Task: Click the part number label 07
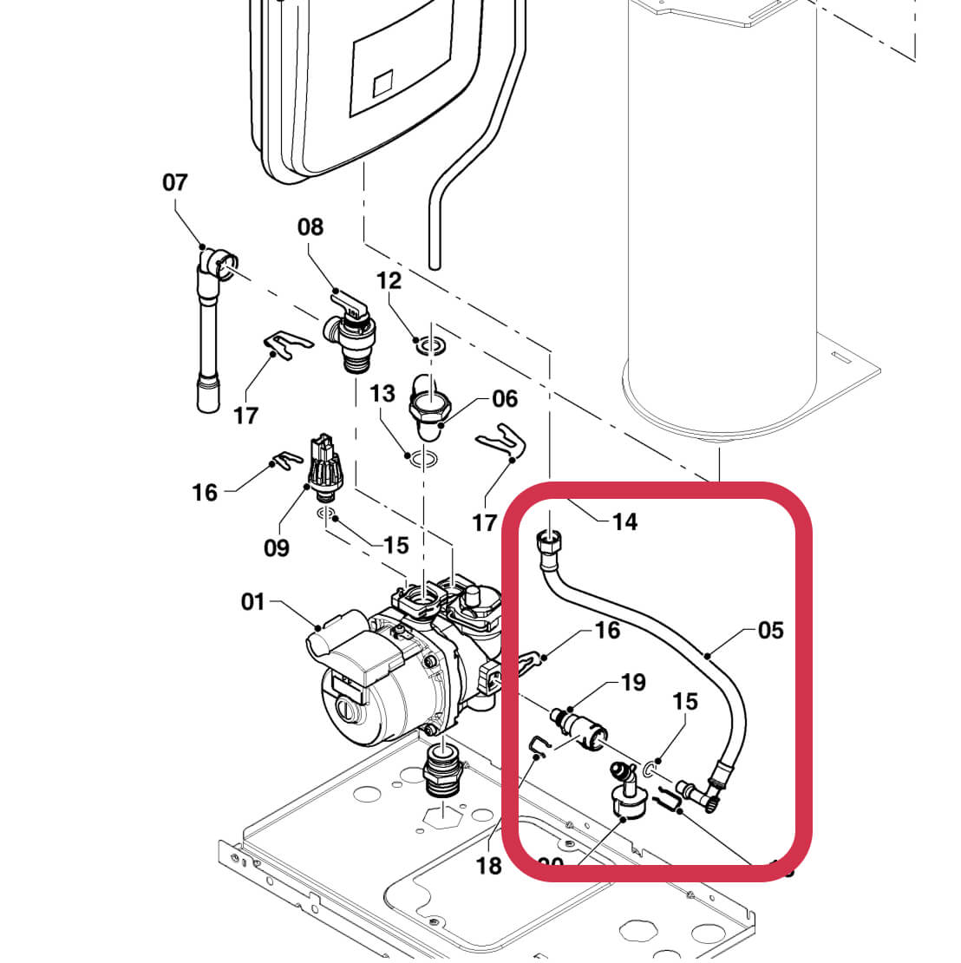[x=174, y=182]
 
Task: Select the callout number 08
[x=310, y=227]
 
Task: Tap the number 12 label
[x=389, y=281]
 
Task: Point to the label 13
[x=382, y=395]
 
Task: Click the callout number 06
[x=505, y=399]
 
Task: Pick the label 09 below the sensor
[x=277, y=548]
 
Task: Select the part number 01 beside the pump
[x=252, y=601]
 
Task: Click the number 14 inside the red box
[x=624, y=521]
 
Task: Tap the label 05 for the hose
[x=770, y=631]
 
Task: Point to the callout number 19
[x=633, y=683]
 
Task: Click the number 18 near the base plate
[x=489, y=865]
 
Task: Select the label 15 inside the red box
[x=685, y=701]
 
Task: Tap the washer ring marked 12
[x=428, y=346]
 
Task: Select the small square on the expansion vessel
[x=383, y=85]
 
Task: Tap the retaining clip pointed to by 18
[x=538, y=744]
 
